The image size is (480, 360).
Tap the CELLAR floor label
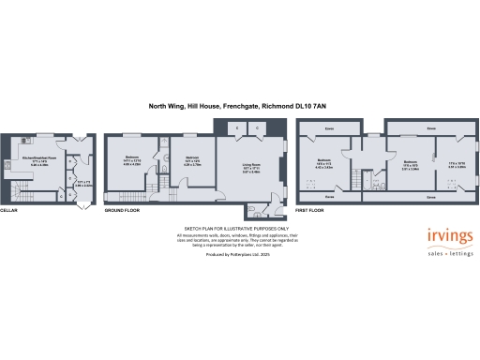point(9,211)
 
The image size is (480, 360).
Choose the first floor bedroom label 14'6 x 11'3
point(324,161)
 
